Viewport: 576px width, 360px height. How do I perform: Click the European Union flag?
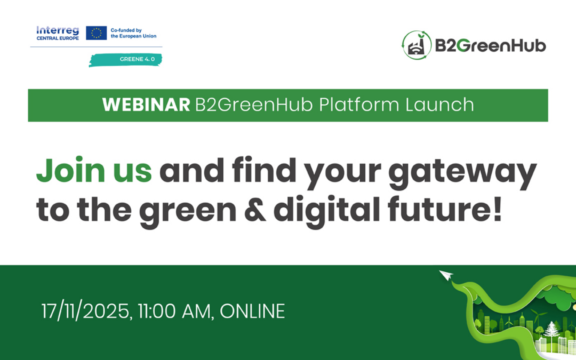(96, 33)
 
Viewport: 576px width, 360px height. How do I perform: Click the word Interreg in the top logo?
(57, 30)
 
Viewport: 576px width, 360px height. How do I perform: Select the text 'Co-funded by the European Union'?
(133, 33)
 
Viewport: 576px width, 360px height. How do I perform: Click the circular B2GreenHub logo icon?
(417, 45)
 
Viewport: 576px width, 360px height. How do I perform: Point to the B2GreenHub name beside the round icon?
(490, 45)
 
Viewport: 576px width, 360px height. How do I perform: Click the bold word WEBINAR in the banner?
(146, 105)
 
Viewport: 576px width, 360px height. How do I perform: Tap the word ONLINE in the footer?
(252, 311)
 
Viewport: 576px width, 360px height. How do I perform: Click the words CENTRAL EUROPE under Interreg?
(57, 38)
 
